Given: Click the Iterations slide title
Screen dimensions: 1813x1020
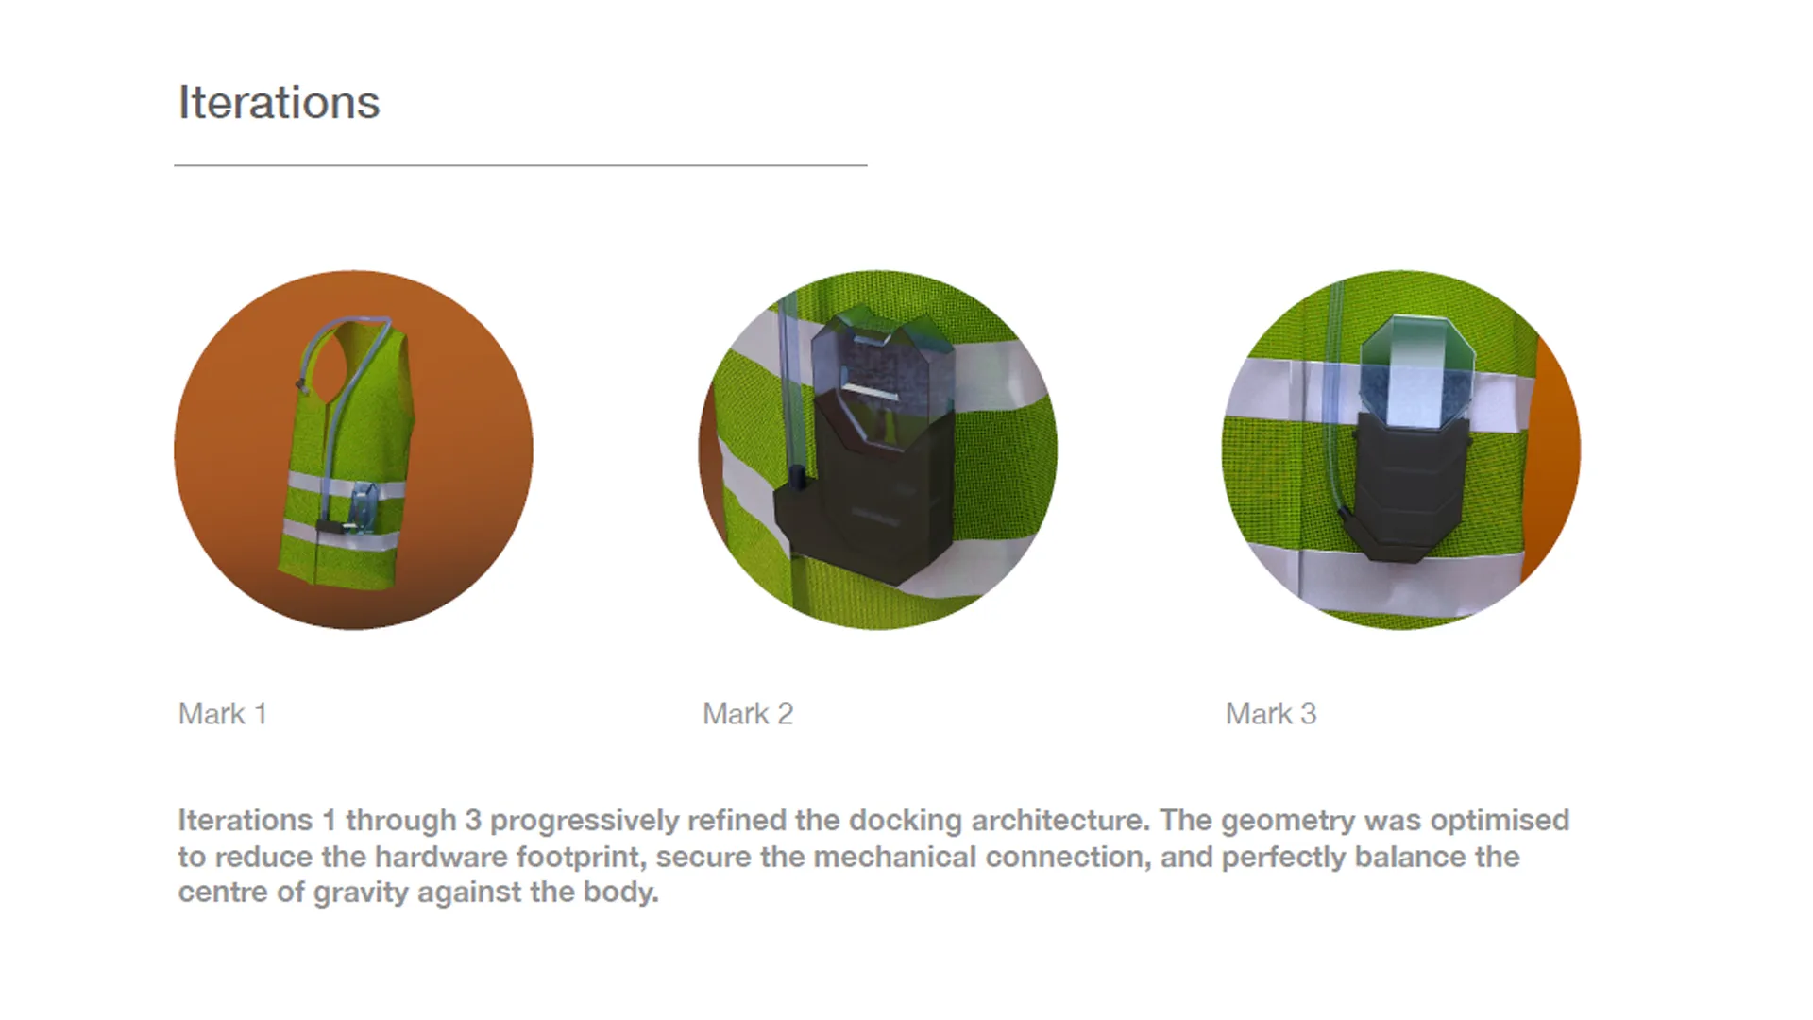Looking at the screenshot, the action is click(x=279, y=102).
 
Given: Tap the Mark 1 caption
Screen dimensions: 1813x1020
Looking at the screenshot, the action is click(x=223, y=714).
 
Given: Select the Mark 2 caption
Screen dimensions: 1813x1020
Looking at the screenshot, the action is click(x=748, y=714).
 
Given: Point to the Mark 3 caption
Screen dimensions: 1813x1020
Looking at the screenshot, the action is click(x=1271, y=714).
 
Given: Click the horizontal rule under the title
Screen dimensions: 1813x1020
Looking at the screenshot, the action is click(x=520, y=165).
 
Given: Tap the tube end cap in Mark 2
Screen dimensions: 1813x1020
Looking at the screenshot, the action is click(x=796, y=477).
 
